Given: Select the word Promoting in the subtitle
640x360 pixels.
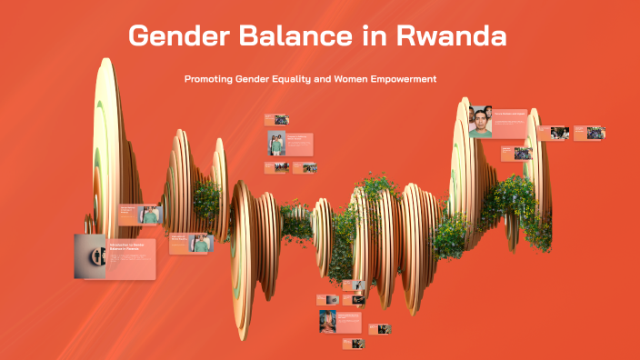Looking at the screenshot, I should [207, 79].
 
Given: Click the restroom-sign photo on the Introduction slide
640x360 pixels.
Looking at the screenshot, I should [89, 256].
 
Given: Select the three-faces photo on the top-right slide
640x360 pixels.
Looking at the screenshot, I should [481, 122].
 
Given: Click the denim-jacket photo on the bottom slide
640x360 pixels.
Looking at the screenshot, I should [328, 321].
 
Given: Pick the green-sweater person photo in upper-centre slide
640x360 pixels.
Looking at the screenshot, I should [276, 144].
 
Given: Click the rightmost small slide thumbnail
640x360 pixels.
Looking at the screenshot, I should [589, 133].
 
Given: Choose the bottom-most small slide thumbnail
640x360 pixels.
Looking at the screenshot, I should [353, 344].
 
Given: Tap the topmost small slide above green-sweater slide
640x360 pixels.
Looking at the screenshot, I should [276, 119].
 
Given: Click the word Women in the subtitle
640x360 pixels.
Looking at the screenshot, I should [344, 79].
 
